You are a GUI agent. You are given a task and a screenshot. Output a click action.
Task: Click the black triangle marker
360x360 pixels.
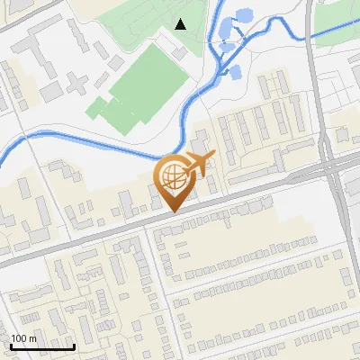181,24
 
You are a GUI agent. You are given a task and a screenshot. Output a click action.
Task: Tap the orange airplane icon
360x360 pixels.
199,164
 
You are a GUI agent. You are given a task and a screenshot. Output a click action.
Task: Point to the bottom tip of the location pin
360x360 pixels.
172,211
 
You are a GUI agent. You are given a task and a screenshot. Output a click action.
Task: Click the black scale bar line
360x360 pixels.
42,346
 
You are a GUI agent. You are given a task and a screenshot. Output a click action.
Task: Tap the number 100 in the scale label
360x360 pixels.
20,338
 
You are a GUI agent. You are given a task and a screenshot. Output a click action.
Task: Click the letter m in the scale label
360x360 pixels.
32,338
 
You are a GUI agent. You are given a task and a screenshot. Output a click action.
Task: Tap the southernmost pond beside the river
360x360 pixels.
234,71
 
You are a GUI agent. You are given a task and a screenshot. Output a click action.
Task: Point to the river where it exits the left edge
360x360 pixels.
3,157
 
